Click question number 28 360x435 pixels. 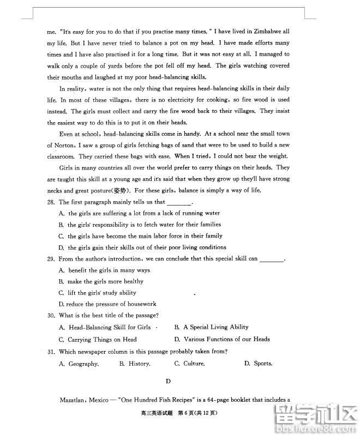click(51, 202)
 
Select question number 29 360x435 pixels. click(51, 259)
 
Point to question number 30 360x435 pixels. click(51, 316)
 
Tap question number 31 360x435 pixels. click(51, 352)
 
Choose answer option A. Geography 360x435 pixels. click(79, 364)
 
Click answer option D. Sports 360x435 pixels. click(258, 364)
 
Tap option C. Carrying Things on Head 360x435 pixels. click(98, 340)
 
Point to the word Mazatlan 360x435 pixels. click(73, 400)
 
